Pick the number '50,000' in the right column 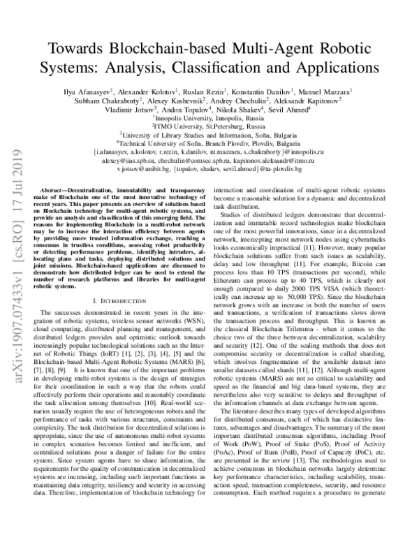[x=311, y=283]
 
